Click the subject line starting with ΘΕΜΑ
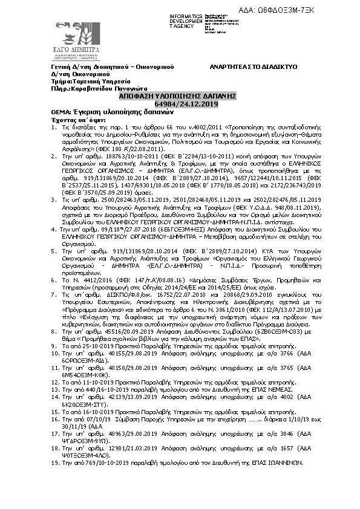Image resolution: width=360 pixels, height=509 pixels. pyautogui.click(x=103, y=112)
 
